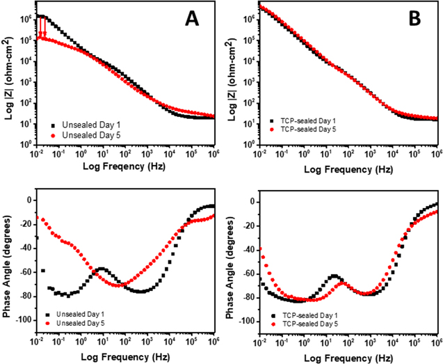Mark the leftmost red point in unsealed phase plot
point(38,218)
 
